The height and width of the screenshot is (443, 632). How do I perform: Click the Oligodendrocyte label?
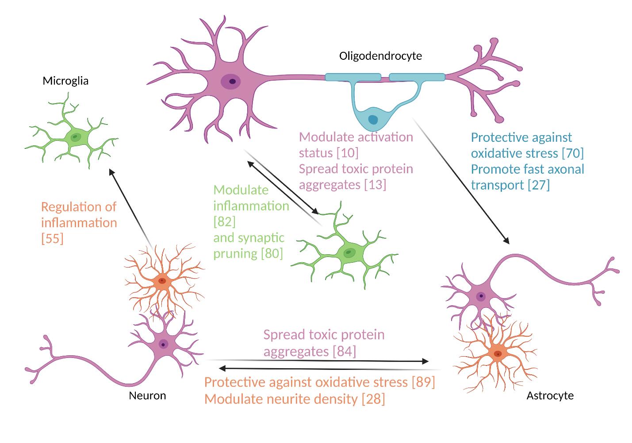[380, 56]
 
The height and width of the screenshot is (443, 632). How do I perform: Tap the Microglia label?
[65, 81]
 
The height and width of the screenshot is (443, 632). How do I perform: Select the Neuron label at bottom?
[147, 396]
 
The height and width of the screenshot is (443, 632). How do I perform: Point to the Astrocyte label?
[550, 396]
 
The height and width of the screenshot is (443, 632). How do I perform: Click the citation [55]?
[52, 239]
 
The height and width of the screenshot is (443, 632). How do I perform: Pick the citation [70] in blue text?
[572, 153]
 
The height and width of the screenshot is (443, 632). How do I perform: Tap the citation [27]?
[539, 185]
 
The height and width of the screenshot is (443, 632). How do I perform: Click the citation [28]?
[373, 399]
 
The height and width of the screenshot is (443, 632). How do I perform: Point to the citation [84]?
[344, 351]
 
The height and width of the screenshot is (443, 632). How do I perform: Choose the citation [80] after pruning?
[272, 253]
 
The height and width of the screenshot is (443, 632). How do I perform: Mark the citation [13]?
[375, 185]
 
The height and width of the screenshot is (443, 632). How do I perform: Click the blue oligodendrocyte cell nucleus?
[373, 120]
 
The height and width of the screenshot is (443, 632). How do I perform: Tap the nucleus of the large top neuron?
[231, 82]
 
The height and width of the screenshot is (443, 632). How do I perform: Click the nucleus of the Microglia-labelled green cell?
[76, 137]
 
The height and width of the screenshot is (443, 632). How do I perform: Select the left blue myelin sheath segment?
[352, 78]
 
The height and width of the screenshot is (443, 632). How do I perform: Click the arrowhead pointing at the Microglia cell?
[111, 172]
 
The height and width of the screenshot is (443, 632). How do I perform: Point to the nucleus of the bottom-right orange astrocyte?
[498, 354]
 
